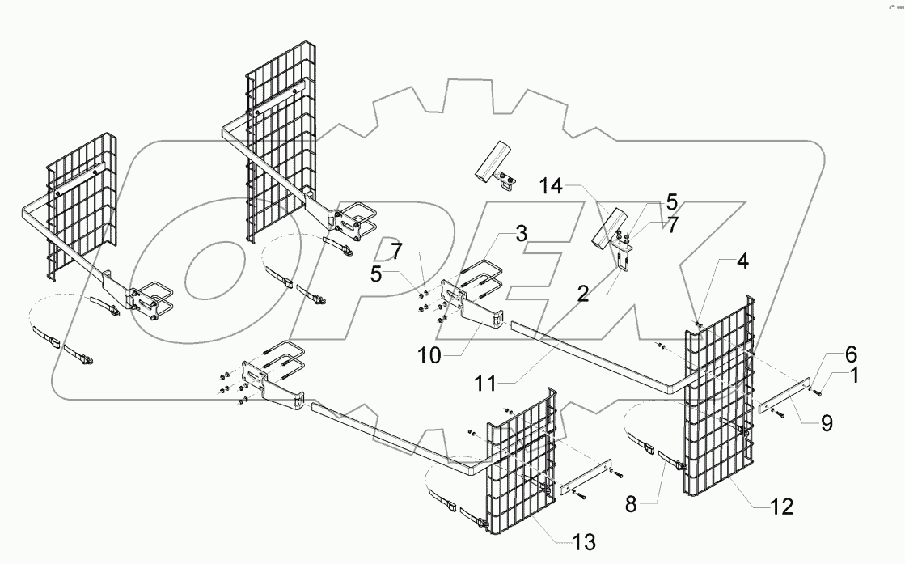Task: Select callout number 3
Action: tap(520, 234)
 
